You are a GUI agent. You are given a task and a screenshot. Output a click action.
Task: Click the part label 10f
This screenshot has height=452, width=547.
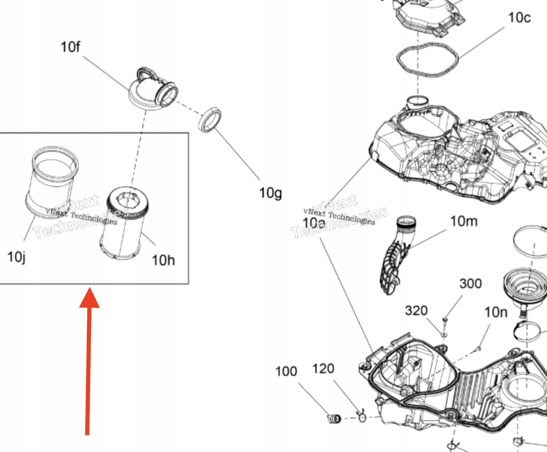tap(70, 47)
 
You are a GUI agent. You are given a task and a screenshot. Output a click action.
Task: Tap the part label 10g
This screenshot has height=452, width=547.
tap(270, 193)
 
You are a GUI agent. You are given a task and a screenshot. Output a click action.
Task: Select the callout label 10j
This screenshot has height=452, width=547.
tap(17, 257)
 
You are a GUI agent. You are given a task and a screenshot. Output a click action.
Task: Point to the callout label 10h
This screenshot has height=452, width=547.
tap(163, 260)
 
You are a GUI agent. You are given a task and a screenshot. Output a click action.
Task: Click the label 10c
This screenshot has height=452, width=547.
tap(519, 18)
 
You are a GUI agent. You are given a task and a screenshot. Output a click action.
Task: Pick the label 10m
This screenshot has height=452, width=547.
tap(464, 221)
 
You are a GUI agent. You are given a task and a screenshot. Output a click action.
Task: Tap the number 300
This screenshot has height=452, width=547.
tap(470, 283)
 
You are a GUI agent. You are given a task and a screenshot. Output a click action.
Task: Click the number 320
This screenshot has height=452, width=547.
tap(416, 311)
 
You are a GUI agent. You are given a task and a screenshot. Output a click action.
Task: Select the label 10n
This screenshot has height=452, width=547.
tap(496, 312)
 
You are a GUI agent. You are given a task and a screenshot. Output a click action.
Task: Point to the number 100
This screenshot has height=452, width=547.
tap(286, 371)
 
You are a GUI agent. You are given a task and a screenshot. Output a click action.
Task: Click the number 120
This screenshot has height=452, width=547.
tap(323, 369)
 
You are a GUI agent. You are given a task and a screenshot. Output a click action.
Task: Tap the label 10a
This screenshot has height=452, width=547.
tap(314, 223)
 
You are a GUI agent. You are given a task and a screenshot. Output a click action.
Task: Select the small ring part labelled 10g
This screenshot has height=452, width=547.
tap(210, 120)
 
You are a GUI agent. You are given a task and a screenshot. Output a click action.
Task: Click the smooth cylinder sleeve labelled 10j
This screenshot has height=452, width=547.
tap(51, 182)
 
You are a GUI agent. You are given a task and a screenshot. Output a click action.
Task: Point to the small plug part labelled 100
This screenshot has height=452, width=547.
tap(334, 418)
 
